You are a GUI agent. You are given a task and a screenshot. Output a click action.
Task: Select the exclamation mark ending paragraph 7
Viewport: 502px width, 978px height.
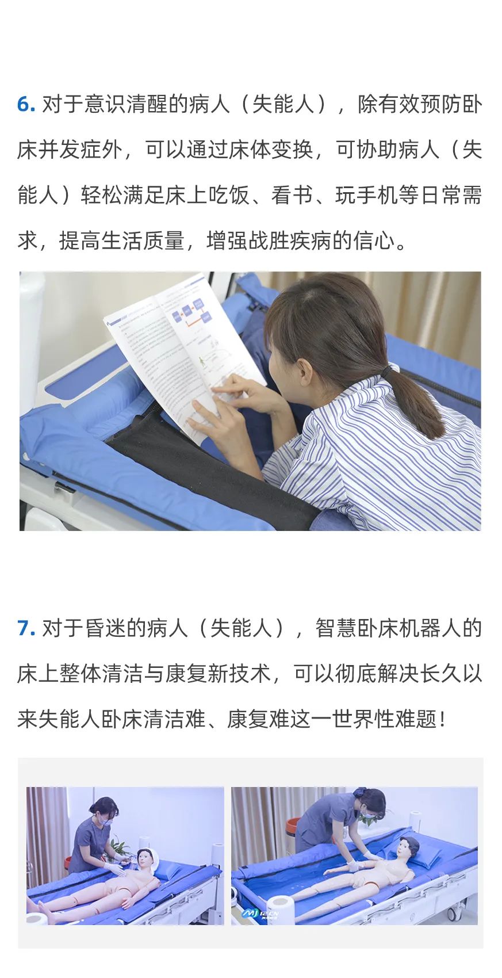443,720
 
